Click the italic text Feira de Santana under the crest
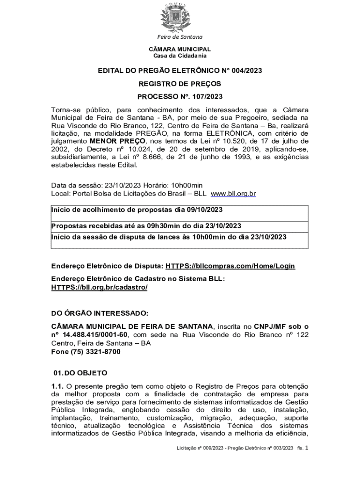pyautogui.click(x=180, y=37)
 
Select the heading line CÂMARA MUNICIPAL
pyautogui.click(x=180, y=49)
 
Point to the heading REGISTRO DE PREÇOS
pyautogui.click(x=180, y=84)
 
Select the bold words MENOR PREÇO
pyautogui.click(x=118, y=141)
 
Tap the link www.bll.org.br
pyautogui.click(x=233, y=193)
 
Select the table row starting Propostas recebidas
pyautogui.click(x=146, y=226)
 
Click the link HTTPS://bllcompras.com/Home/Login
pyautogui.click(x=230, y=266)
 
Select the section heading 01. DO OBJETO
pyautogui.click(x=80, y=373)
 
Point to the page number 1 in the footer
pyautogui.click(x=307, y=448)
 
